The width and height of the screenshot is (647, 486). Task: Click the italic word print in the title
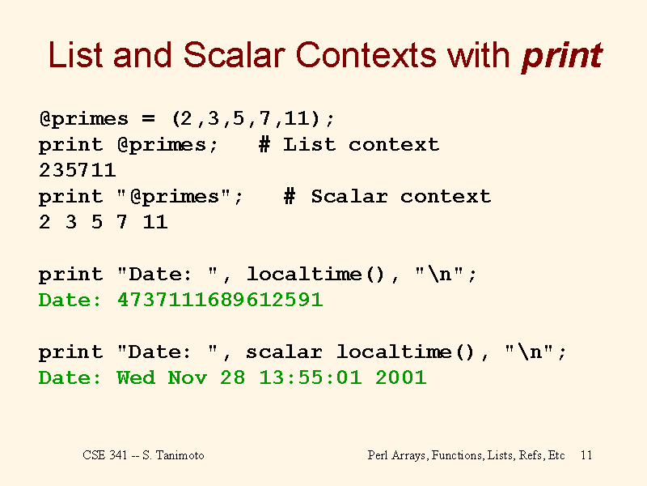pyautogui.click(x=562, y=56)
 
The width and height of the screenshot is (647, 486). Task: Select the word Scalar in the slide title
pyautogui.click(x=234, y=54)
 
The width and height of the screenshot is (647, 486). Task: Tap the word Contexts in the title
pyautogui.click(x=366, y=54)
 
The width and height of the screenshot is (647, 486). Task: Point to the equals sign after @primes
pyautogui.click(x=149, y=119)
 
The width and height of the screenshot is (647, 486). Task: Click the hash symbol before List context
pyautogui.click(x=264, y=145)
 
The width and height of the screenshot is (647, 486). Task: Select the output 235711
pyautogui.click(x=78, y=170)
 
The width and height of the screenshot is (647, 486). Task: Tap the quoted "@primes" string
pyautogui.click(x=173, y=197)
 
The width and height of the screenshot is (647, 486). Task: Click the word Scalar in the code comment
pyautogui.click(x=349, y=196)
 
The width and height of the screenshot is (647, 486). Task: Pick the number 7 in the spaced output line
pyautogui.click(x=122, y=222)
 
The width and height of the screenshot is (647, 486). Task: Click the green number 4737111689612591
pyautogui.click(x=220, y=300)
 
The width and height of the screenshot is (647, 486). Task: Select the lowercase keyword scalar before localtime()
pyautogui.click(x=284, y=352)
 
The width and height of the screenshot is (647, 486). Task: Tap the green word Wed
pyautogui.click(x=136, y=377)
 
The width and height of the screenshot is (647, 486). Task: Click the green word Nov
pyautogui.click(x=188, y=377)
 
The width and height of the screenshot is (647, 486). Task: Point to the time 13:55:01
pyautogui.click(x=311, y=377)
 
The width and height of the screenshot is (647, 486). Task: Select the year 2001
pyautogui.click(x=400, y=377)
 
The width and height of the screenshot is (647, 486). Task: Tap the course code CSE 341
pyautogui.click(x=105, y=455)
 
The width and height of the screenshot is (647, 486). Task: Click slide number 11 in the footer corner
pyautogui.click(x=586, y=455)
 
